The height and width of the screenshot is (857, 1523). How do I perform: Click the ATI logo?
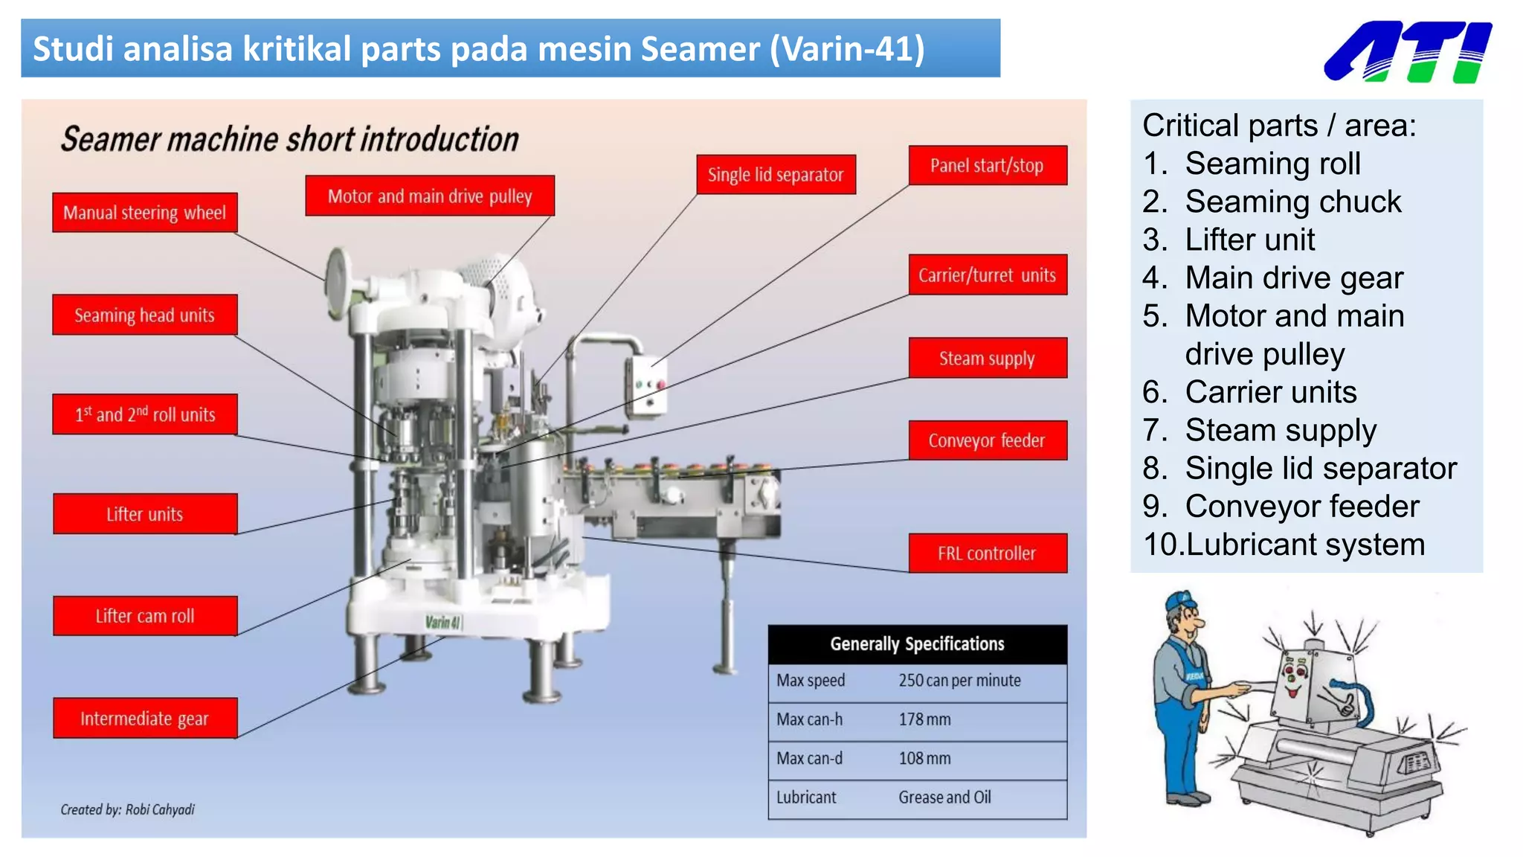1408,51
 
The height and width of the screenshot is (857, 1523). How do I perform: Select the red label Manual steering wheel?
145,213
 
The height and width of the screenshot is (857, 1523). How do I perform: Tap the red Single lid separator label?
776,175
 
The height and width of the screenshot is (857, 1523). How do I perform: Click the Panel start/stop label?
987,165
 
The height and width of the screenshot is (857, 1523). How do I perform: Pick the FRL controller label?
987,553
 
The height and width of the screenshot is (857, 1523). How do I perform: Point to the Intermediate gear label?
145,719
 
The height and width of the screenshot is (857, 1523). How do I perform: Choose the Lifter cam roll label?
145,616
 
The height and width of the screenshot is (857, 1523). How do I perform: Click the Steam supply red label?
987,359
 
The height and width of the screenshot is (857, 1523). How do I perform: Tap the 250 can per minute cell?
959,681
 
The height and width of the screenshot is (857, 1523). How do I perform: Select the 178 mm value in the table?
924,719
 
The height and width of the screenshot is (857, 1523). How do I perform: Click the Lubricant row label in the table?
806,797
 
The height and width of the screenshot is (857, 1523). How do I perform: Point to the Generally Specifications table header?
917,644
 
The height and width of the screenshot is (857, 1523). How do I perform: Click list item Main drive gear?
1293,278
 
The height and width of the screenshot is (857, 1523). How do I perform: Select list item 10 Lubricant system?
1284,545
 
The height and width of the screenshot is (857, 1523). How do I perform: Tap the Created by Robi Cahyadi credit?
128,809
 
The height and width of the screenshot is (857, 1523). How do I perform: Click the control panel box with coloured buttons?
646,385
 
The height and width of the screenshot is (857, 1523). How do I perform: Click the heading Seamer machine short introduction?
290,140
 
